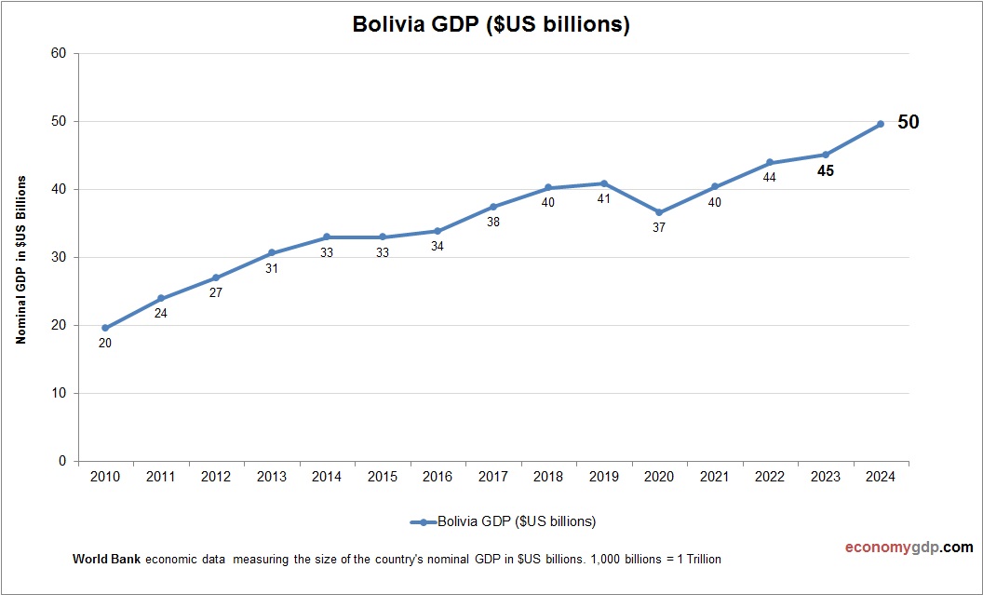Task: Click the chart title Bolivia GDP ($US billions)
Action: [x=491, y=25]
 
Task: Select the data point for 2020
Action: [x=659, y=212]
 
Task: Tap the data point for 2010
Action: [x=105, y=328]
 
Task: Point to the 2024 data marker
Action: [x=881, y=124]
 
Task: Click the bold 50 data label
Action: [x=908, y=122]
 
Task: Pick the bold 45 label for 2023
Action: [x=825, y=171]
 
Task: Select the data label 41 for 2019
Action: [x=603, y=198]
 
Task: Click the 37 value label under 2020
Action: [x=659, y=227]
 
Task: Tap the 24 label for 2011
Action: [x=160, y=313]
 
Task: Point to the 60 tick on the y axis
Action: [x=59, y=53]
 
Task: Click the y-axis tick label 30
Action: [x=59, y=257]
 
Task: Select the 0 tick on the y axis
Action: [x=62, y=461]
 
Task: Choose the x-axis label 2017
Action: [x=492, y=477]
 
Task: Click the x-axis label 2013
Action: [x=271, y=477]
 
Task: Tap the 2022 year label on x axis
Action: [x=769, y=477]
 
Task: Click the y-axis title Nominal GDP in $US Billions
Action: [x=20, y=260]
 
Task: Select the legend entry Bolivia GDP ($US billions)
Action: [x=503, y=521]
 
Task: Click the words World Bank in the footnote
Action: [x=106, y=560]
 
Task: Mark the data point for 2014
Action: [x=327, y=237]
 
